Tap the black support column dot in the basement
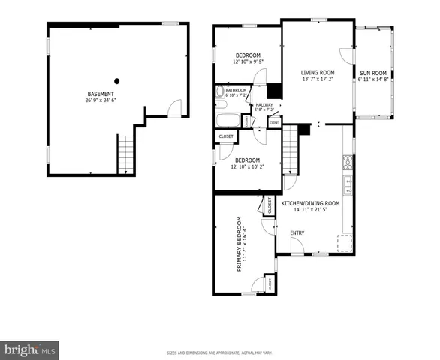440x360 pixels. point(117,80)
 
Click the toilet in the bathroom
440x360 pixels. point(221,94)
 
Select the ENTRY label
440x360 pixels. point(297,232)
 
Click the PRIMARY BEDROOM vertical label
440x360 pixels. point(240,244)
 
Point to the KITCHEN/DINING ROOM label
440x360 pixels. point(310,203)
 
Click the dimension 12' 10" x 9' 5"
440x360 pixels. point(248,62)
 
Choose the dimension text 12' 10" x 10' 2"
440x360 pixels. point(248,166)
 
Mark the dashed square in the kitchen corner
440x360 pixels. point(346,243)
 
